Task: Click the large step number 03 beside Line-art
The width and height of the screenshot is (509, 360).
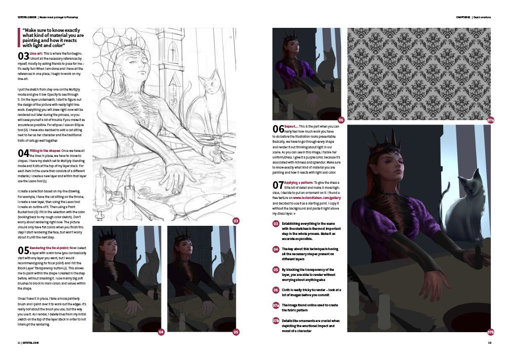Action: coord(23,56)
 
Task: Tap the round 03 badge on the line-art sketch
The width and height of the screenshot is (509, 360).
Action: coord(236,221)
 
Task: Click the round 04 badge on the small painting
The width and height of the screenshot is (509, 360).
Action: coord(161,332)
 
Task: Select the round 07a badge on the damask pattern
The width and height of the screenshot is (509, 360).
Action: coord(490,121)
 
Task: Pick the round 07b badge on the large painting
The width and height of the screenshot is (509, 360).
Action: coord(490,332)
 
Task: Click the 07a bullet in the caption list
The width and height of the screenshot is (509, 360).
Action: coord(276,306)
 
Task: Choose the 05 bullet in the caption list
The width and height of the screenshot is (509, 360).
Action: coord(276,270)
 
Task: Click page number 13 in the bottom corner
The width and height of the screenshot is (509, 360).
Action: coord(489,343)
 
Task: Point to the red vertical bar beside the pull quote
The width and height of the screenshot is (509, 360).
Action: coord(19,37)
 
